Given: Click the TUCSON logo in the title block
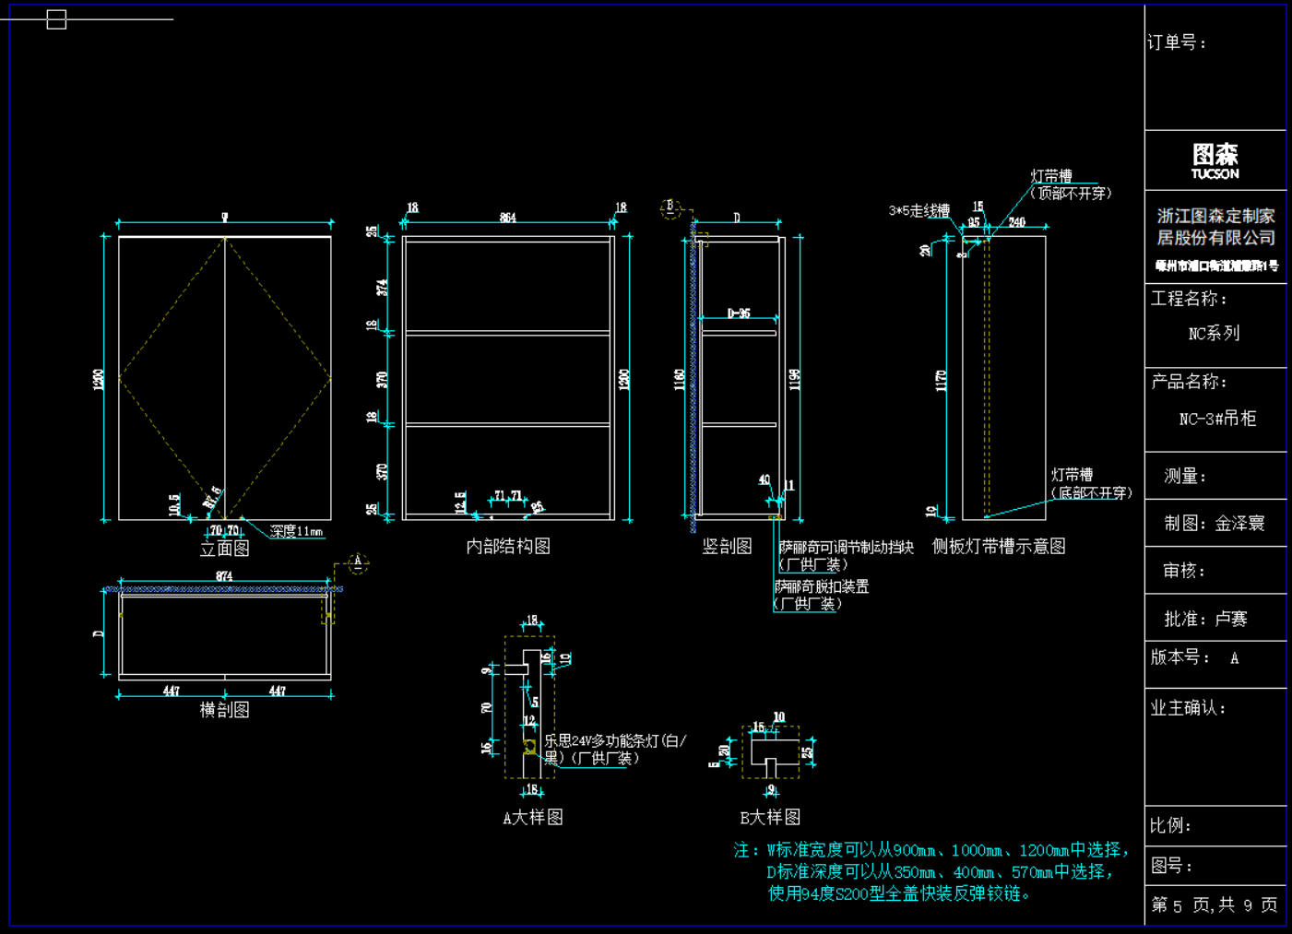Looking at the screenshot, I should [x=1215, y=160].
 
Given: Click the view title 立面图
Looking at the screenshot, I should [x=225, y=549].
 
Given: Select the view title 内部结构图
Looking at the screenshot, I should [x=508, y=547].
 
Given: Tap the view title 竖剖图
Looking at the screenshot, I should [x=728, y=547].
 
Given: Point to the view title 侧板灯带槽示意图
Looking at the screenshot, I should [x=999, y=547].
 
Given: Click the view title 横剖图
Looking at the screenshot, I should [x=225, y=710].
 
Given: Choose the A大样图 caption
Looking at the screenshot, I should [x=533, y=818].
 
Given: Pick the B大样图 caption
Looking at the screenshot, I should [x=770, y=818].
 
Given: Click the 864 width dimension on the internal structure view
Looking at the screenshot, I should [x=508, y=218].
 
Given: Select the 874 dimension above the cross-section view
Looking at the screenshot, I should [x=224, y=576].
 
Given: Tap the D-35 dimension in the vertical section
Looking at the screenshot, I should [x=739, y=313].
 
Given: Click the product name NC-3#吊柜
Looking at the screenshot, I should [x=1217, y=419].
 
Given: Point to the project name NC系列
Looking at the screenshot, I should [x=1214, y=334].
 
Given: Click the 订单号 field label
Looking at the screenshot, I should [x=1177, y=42].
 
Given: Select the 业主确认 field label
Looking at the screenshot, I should [x=1188, y=708].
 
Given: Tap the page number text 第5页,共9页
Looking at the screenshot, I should [x=1215, y=905].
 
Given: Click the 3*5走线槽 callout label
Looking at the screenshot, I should [x=919, y=211].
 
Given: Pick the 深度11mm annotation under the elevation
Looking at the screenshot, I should [x=296, y=531].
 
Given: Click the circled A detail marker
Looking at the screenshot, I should [x=358, y=562].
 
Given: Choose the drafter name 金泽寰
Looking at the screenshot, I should [x=1239, y=524].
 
